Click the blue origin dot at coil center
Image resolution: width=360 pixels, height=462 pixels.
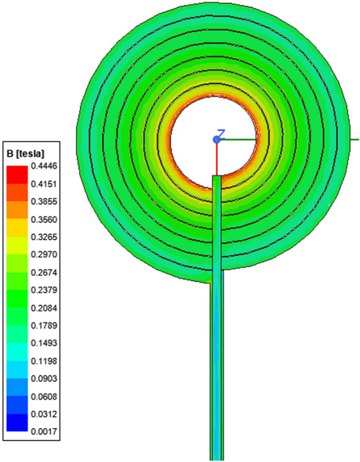click(217, 139)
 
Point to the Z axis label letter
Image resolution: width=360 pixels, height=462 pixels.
click(222, 133)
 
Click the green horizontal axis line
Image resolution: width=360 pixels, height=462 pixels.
click(301, 139)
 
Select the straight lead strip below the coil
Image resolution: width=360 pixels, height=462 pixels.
click(217, 366)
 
